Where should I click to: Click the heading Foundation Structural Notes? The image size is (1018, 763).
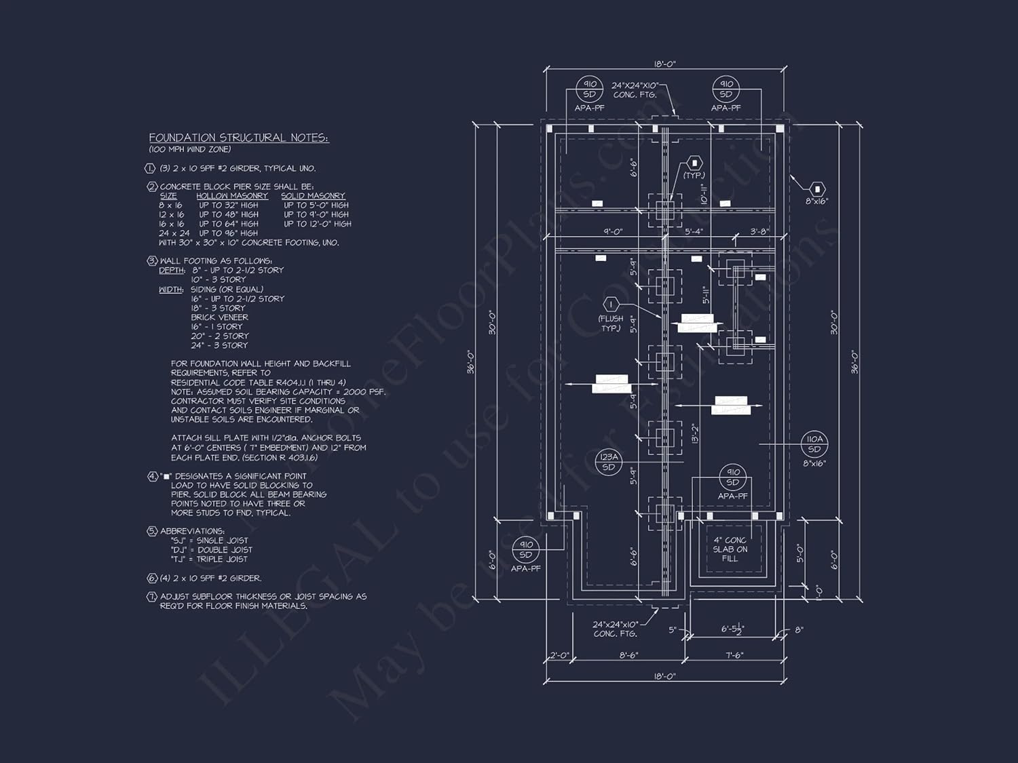pyautogui.click(x=239, y=138)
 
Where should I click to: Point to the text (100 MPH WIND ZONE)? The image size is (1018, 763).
pyautogui.click(x=190, y=149)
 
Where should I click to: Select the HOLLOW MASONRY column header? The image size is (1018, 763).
pyautogui.click(x=232, y=196)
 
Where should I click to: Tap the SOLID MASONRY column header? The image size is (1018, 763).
pyautogui.click(x=313, y=196)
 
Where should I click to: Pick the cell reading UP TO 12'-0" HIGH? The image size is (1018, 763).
pyautogui.click(x=317, y=224)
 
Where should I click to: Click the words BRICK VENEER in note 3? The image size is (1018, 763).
pyautogui.click(x=219, y=317)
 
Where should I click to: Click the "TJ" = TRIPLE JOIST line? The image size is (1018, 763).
pyautogui.click(x=209, y=560)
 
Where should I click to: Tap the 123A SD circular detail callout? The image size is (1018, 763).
pyautogui.click(x=609, y=462)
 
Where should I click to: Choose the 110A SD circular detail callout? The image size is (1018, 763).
pyautogui.click(x=814, y=444)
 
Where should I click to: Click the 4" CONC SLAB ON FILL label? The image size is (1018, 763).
pyautogui.click(x=730, y=549)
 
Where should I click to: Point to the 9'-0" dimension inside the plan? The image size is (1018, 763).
pyautogui.click(x=613, y=232)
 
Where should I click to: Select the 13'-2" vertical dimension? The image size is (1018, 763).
pyautogui.click(x=695, y=434)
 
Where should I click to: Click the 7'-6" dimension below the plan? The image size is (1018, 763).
pyautogui.click(x=734, y=656)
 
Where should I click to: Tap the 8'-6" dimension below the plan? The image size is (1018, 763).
pyautogui.click(x=628, y=656)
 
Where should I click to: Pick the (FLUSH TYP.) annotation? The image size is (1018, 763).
pyautogui.click(x=611, y=324)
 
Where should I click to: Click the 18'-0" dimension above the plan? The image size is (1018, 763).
pyautogui.click(x=665, y=64)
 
